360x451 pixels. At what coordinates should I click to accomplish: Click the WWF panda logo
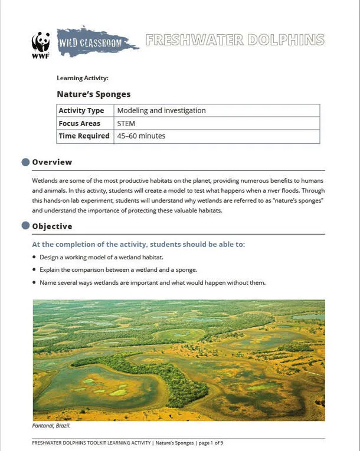click(x=41, y=45)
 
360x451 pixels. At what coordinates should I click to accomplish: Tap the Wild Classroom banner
click(x=96, y=42)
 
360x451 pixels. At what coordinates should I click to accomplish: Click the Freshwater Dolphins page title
click(x=234, y=40)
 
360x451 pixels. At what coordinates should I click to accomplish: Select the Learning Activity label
click(x=82, y=78)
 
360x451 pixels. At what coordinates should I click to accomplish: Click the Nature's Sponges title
click(x=93, y=94)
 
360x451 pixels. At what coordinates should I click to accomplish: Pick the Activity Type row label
click(x=81, y=111)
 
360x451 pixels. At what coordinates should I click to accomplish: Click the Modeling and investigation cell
click(x=161, y=111)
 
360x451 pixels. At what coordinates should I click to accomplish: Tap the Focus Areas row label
click(x=80, y=124)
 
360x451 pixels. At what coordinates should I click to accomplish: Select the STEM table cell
click(x=126, y=124)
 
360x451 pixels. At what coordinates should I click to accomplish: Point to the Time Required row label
click(x=84, y=136)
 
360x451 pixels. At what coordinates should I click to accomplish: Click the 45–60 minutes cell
click(x=141, y=136)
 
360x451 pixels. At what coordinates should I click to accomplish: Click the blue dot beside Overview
click(x=25, y=162)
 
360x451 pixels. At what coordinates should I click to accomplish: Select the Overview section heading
click(x=52, y=162)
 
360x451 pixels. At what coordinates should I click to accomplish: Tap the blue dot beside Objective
click(x=25, y=226)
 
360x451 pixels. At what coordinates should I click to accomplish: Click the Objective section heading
click(x=53, y=226)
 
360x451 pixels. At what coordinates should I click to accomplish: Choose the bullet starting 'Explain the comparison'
click(x=117, y=270)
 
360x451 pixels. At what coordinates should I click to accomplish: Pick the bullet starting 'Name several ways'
click(x=152, y=283)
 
